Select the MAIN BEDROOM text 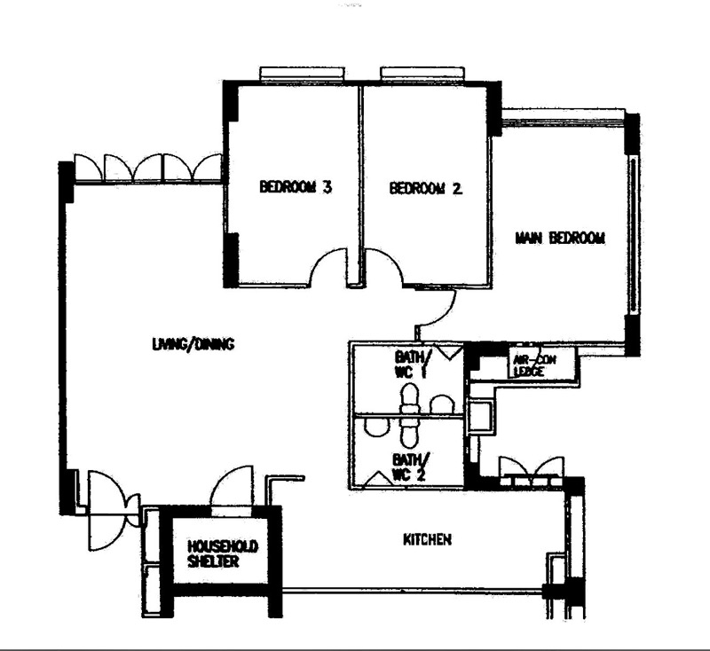click(x=560, y=238)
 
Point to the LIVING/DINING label click(x=193, y=344)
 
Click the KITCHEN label click(x=429, y=538)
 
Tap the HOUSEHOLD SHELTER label click(x=223, y=553)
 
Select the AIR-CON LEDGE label click(x=532, y=365)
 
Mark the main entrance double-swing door click(x=111, y=510)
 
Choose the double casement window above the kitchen click(x=531, y=468)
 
